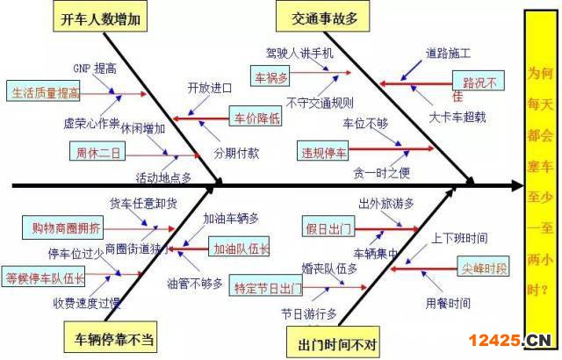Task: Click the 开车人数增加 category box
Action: click(x=99, y=19)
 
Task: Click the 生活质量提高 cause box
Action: click(x=45, y=91)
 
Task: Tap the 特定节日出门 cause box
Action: click(x=266, y=286)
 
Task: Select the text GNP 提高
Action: click(x=94, y=68)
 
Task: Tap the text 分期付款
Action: click(x=235, y=152)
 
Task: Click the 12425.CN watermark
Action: click(x=511, y=340)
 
